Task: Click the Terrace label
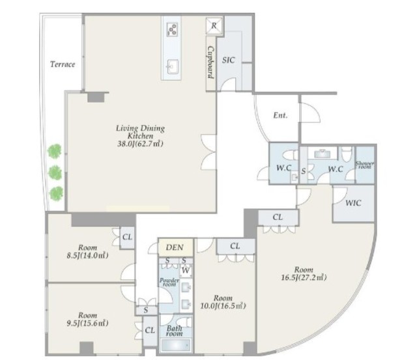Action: (x=63, y=64)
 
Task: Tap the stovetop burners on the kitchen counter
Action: (x=172, y=29)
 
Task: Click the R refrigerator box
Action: (x=214, y=26)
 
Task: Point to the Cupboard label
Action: (x=211, y=62)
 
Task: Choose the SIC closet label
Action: (x=229, y=60)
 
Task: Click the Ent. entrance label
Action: (x=281, y=115)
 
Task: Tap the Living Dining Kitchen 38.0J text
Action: (x=141, y=136)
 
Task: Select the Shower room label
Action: (x=365, y=165)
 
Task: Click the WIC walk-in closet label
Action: (x=353, y=203)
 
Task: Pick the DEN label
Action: (x=175, y=247)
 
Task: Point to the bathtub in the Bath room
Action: (x=177, y=345)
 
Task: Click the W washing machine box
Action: (x=186, y=271)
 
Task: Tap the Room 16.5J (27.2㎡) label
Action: (x=304, y=273)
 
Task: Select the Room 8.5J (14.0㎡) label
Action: (x=87, y=251)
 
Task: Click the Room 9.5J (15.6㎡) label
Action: (x=87, y=320)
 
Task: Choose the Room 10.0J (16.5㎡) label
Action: (x=223, y=302)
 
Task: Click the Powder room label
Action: (x=169, y=282)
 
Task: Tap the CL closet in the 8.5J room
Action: (x=127, y=237)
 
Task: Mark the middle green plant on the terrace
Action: (x=55, y=173)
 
